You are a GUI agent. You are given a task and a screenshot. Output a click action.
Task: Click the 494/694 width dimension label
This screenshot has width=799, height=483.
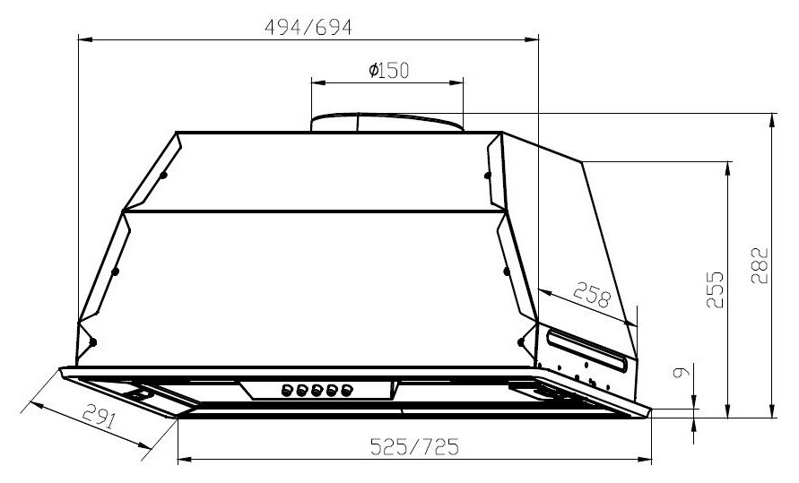(x=308, y=27)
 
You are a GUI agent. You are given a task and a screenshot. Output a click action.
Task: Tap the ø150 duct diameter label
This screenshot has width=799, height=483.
(x=388, y=71)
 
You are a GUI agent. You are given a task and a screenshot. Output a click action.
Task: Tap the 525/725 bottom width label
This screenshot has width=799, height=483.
(x=414, y=446)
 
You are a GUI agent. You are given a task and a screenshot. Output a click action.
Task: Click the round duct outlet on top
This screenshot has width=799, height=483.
(x=387, y=122)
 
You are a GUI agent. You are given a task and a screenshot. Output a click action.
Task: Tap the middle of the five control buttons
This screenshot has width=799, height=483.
(x=317, y=390)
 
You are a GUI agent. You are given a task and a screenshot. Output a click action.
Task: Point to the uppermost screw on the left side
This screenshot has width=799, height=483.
(x=164, y=176)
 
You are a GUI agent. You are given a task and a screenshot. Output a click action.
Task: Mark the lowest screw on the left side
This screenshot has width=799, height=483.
(x=92, y=342)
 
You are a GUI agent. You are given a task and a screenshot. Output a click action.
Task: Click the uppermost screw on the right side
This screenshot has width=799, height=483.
(x=488, y=176)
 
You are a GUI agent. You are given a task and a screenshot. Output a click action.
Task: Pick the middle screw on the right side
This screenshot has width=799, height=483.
(x=506, y=270)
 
